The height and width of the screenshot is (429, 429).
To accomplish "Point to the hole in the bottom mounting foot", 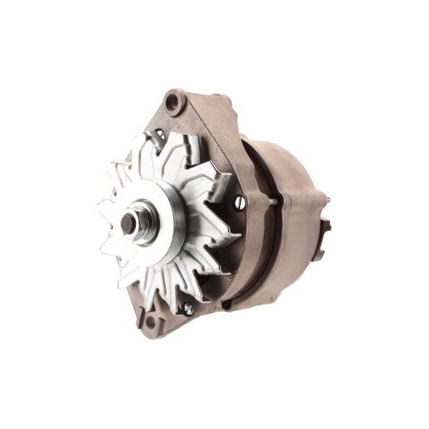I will point(150,317).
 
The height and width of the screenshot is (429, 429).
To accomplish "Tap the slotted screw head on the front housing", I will point(240,201).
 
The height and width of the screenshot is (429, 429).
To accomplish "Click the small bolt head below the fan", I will point(189,308).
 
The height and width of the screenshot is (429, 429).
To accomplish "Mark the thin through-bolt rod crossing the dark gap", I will point(272,199).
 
